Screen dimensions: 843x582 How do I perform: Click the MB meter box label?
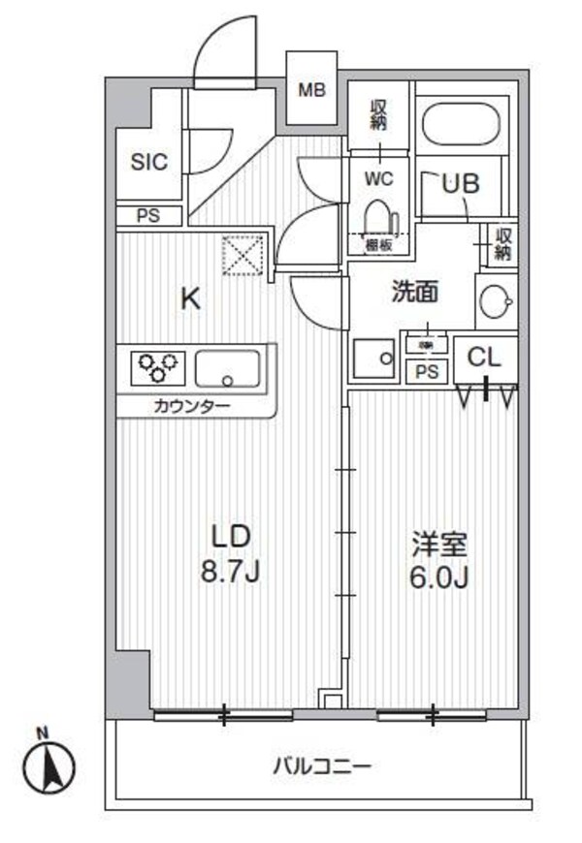(x=312, y=91)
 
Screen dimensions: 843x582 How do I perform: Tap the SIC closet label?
(x=148, y=162)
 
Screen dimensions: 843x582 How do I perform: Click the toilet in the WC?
(x=376, y=214)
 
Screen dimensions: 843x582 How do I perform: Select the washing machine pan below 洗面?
(x=372, y=359)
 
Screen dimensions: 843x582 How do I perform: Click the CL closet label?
(x=484, y=357)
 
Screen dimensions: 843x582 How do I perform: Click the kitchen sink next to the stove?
(x=228, y=369)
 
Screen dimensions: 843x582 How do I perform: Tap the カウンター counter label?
(x=191, y=406)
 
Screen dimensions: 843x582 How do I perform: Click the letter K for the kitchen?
(x=191, y=298)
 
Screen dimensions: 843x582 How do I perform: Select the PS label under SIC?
(x=148, y=215)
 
